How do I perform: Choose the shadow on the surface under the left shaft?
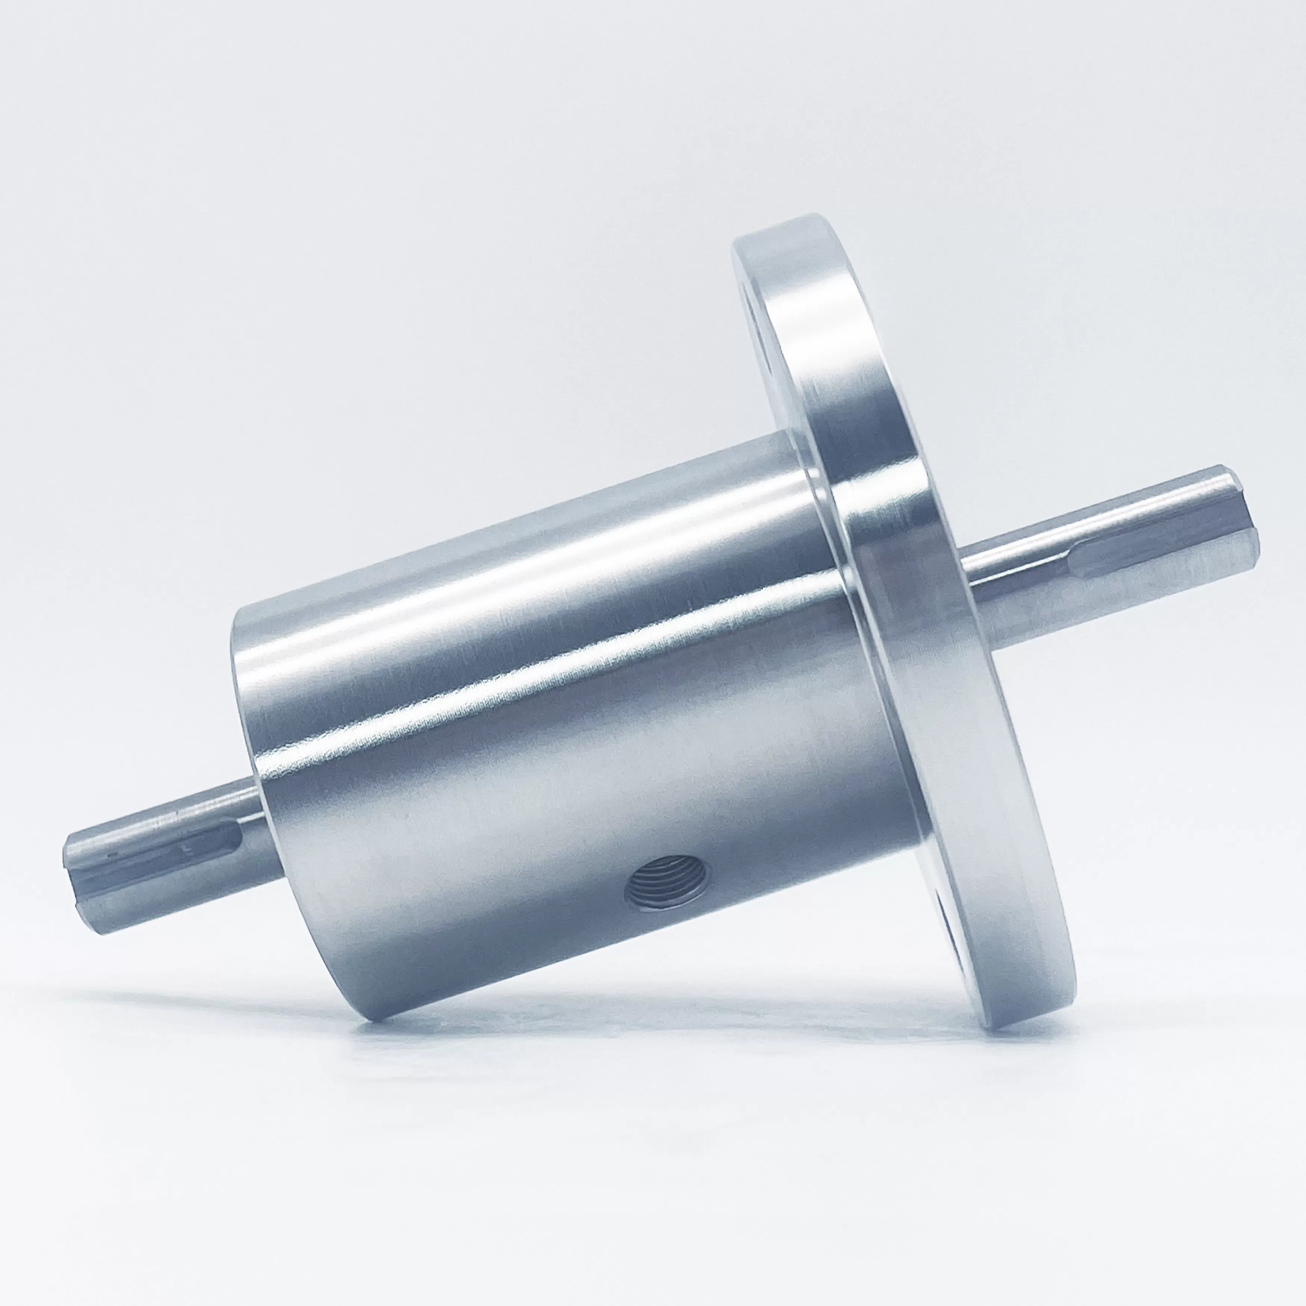(x=203, y=1000)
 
